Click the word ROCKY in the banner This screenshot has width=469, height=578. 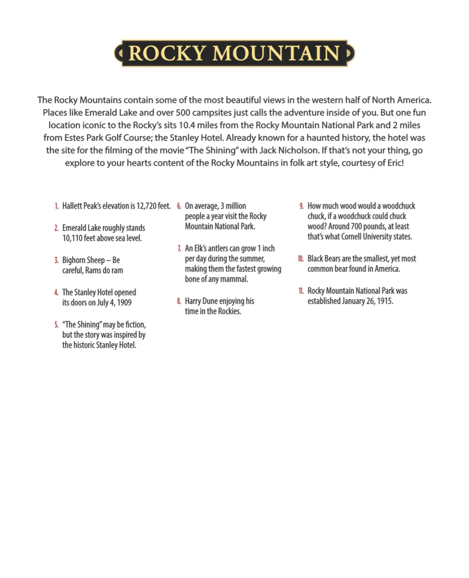click(x=167, y=53)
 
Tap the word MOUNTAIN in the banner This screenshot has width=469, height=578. click(x=276, y=53)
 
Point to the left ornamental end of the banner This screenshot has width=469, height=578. click(x=118, y=53)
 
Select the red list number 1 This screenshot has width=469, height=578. click(x=57, y=206)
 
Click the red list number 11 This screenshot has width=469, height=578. click(x=301, y=291)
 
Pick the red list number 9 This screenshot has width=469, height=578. click(x=302, y=206)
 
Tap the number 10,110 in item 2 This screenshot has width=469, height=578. click(x=72, y=238)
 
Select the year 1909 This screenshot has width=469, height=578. click(x=124, y=303)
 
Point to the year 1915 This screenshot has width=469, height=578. click(x=385, y=301)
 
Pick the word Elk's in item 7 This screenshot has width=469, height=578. click(x=200, y=249)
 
